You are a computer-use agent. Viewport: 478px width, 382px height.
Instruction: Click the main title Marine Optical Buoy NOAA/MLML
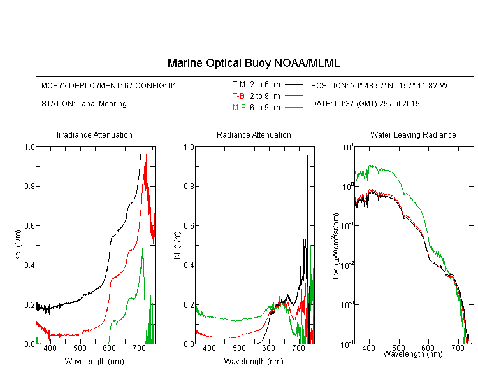254,63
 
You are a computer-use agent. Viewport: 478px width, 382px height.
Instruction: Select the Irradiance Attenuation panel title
94,135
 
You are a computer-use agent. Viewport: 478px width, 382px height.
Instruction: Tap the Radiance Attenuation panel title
254,135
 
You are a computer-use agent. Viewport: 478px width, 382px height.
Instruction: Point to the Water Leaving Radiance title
413,135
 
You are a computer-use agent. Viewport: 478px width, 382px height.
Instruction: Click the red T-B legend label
238,96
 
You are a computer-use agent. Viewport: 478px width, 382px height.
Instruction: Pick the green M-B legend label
239,108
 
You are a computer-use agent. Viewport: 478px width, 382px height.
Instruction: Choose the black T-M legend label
239,85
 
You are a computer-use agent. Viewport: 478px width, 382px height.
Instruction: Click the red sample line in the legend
294,96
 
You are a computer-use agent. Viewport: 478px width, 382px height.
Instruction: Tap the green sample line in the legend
294,107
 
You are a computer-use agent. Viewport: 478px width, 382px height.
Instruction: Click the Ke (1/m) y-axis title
18,246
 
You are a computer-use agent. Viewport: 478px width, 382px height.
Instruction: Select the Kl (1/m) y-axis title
177,246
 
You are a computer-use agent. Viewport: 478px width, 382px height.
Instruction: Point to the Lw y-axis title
337,246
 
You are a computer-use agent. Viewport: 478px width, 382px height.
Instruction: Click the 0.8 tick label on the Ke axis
30,186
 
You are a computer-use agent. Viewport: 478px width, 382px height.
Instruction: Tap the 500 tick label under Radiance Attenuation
239,348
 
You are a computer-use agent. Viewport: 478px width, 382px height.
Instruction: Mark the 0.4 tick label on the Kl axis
189,265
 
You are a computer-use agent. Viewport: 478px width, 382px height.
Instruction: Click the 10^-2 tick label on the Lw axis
347,265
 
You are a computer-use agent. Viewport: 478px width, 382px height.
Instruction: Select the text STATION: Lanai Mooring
84,104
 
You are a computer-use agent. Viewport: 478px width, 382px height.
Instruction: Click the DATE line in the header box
365,104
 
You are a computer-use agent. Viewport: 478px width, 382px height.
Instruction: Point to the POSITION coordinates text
379,86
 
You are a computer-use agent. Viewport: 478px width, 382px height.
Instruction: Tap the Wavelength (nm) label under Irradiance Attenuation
94,362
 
